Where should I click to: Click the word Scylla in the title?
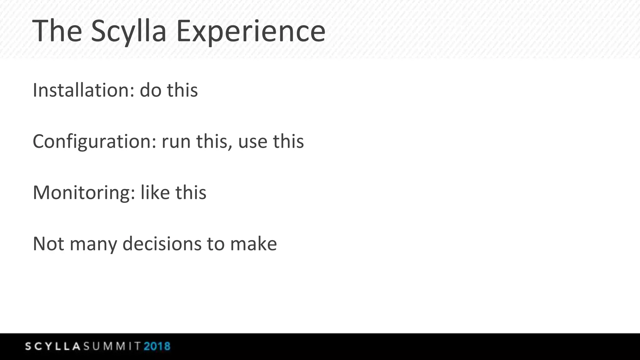point(128,31)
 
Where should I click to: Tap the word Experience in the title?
point(251,31)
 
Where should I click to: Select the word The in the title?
point(57,31)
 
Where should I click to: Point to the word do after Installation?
point(150,90)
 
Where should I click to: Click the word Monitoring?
point(84,193)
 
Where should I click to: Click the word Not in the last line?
point(48,244)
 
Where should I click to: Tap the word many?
point(93,244)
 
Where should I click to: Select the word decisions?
point(162,244)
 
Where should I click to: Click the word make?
point(253,244)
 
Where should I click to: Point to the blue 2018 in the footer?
point(157,346)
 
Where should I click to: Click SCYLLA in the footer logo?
point(53,346)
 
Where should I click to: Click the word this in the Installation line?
point(182,90)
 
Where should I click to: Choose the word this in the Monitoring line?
point(191,192)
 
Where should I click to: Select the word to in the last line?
point(216,244)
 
